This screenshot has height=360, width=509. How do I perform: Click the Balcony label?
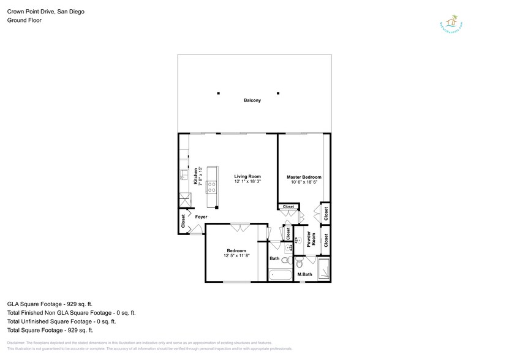252,100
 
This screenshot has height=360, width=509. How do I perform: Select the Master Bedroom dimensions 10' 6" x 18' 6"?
304,182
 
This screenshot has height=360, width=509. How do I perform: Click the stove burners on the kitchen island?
213,186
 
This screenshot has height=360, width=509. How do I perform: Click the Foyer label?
201,217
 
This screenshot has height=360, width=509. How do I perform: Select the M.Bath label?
304,274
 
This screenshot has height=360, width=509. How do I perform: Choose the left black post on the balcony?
217,93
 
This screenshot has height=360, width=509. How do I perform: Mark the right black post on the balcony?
278,93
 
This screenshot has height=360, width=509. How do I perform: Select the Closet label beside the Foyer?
184,221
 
